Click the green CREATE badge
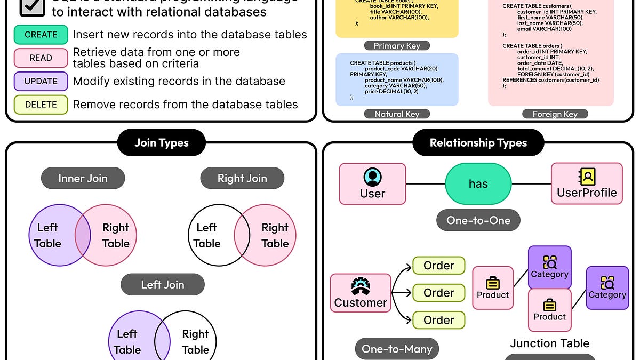41,35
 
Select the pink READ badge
41,58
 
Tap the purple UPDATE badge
41,82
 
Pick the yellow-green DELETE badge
41,105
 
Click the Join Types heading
162,143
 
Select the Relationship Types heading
478,143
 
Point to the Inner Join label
83,179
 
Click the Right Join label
242,179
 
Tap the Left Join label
163,284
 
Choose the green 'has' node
478,184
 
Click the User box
372,184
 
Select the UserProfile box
587,184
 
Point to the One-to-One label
478,220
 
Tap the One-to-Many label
396,349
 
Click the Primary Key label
396,46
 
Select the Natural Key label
397,114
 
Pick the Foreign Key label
555,114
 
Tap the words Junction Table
549,343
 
